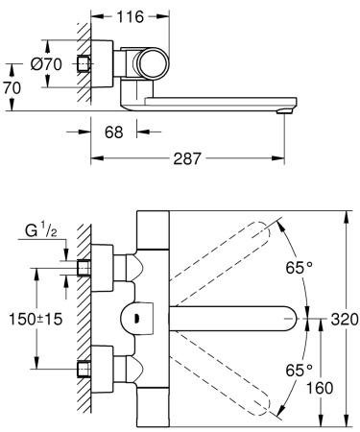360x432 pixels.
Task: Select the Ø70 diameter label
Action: pyautogui.click(x=46, y=64)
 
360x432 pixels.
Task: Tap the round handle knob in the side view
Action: pyautogui.click(x=152, y=65)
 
